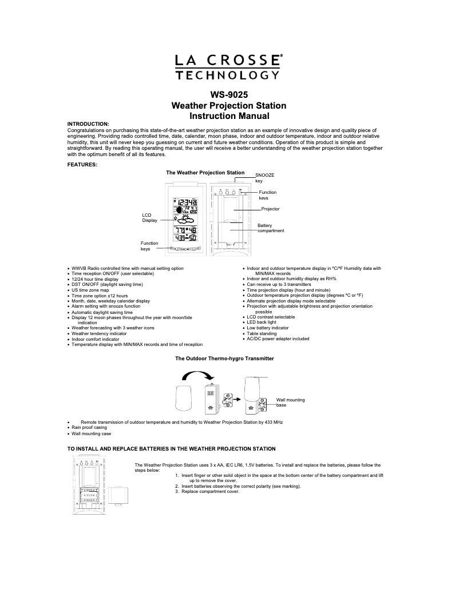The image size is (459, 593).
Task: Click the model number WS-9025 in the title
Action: [x=229, y=95]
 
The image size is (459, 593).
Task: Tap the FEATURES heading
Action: [x=82, y=165]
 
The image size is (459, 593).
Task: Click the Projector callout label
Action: [x=270, y=209]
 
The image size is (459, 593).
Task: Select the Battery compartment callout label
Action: [x=271, y=228]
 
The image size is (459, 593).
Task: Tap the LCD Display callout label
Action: [x=149, y=218]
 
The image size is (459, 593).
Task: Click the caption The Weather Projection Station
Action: [x=205, y=172]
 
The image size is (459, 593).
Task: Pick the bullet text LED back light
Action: [x=263, y=323]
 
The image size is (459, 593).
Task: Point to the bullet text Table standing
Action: [x=262, y=333]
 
